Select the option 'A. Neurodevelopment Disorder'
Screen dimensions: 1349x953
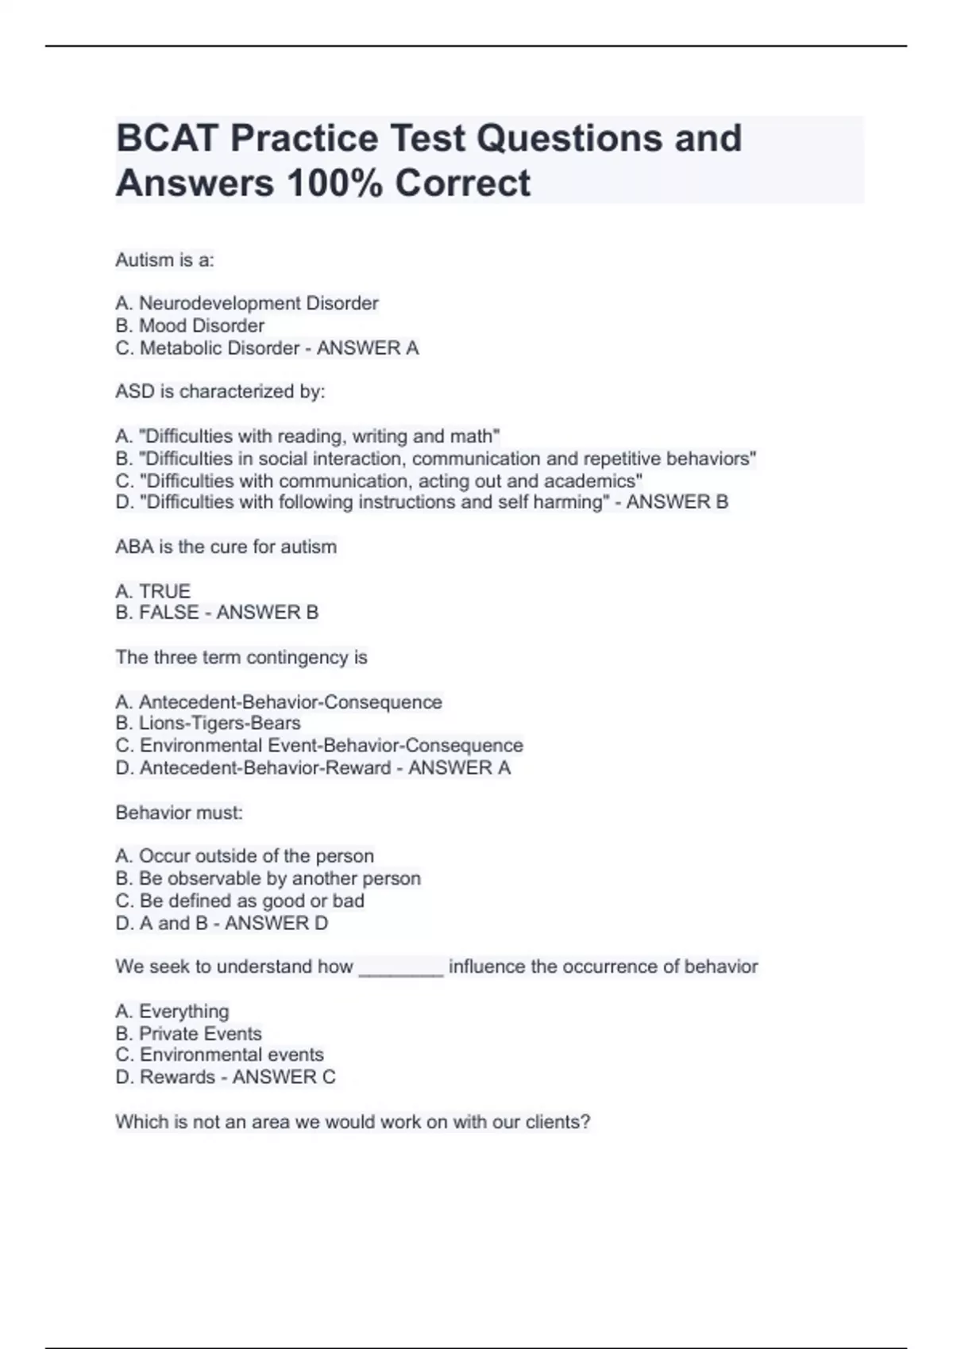pos(247,303)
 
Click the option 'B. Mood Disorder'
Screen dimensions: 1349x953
pos(190,325)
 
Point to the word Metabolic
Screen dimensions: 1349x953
pos(180,348)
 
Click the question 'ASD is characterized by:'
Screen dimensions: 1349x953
pos(220,391)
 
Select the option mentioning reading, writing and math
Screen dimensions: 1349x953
pos(307,436)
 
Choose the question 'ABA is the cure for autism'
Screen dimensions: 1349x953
pos(226,547)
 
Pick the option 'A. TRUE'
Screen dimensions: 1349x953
pos(153,591)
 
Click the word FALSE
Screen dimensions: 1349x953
pos(169,613)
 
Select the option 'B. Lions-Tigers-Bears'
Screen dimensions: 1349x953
pos(208,723)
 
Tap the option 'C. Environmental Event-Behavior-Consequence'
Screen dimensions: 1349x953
pos(319,745)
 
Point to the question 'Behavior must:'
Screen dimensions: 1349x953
pos(179,813)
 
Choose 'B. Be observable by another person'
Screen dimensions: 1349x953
pos(268,878)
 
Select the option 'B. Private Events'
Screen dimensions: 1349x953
pos(188,1033)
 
